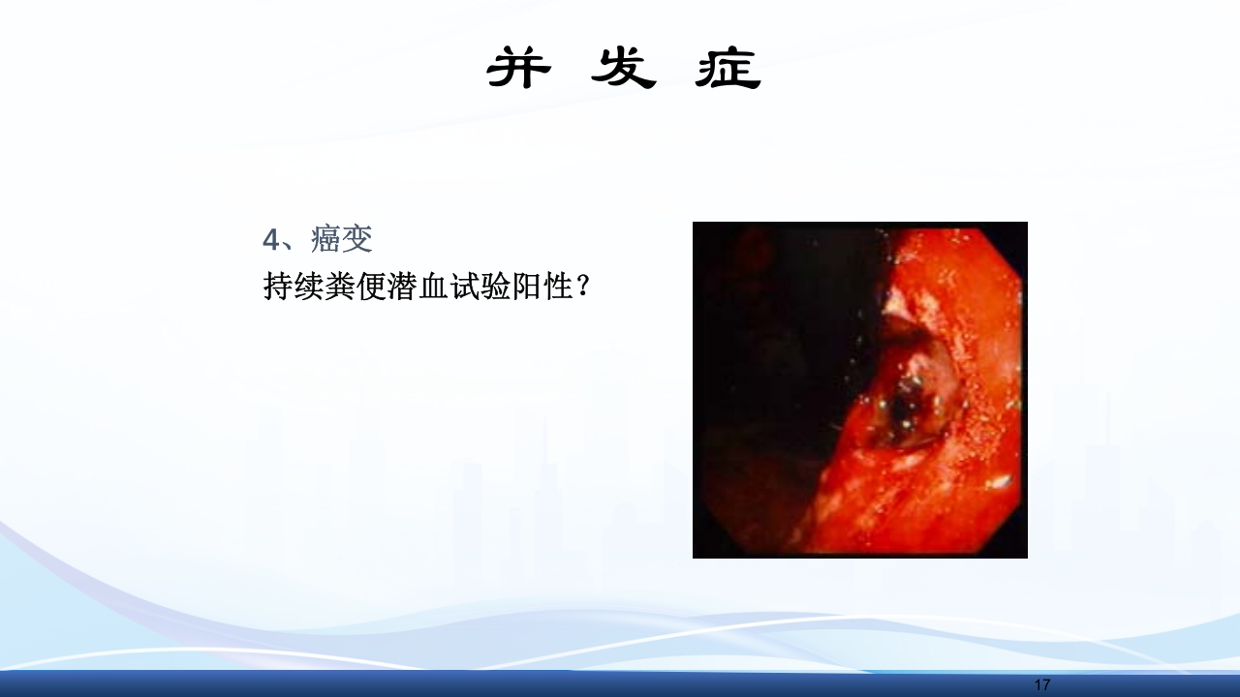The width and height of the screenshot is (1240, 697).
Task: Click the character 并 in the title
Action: click(519, 69)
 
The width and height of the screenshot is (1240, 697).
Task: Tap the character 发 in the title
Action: click(624, 69)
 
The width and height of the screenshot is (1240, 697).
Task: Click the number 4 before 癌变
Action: click(270, 239)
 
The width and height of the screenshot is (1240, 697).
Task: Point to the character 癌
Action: click(326, 239)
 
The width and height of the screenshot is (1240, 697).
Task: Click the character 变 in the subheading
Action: click(357, 239)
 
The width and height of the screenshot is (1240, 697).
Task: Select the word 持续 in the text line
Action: click(294, 286)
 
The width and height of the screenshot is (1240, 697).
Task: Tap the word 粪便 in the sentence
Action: click(356, 286)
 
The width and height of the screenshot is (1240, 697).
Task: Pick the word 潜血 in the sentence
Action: click(418, 286)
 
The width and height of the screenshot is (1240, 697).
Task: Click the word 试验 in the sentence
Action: click(480, 286)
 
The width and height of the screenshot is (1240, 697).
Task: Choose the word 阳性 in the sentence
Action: click(542, 286)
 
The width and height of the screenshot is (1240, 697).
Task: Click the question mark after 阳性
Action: click(582, 286)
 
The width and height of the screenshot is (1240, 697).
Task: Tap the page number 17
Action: click(1041, 685)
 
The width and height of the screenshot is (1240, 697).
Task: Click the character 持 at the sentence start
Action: click(279, 286)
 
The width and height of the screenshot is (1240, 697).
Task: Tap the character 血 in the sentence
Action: click(434, 286)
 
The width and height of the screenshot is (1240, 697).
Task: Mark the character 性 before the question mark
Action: click(558, 286)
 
